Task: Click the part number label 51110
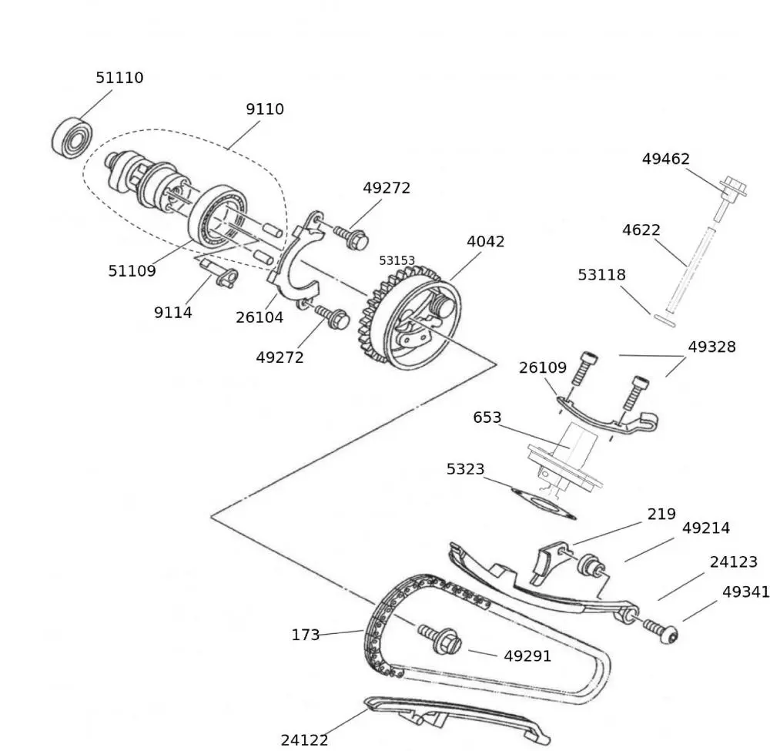tap(119, 78)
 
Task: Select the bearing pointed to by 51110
tap(72, 137)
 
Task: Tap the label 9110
tap(265, 109)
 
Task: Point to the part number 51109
tap(132, 271)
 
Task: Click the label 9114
tap(172, 313)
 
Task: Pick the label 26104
tap(259, 317)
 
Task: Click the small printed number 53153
tap(397, 261)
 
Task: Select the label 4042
tap(486, 241)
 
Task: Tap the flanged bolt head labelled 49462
tap(734, 187)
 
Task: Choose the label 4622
tap(641, 230)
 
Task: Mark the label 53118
tap(602, 275)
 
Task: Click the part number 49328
tap(711, 347)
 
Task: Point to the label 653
tap(487, 417)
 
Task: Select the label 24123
tap(733, 562)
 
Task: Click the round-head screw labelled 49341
tap(667, 634)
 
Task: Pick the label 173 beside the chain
tap(305, 635)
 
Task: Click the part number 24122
tap(304, 740)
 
